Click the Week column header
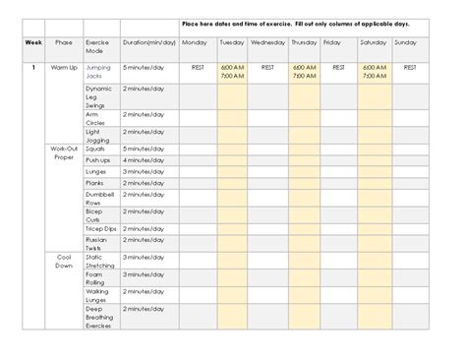click(33, 43)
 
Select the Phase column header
click(64, 43)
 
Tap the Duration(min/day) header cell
click(149, 43)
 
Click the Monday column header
click(194, 43)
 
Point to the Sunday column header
click(405, 43)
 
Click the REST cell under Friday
click(338, 67)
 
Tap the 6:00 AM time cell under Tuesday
click(232, 67)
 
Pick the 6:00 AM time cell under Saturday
click(374, 67)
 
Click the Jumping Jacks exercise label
click(98, 71)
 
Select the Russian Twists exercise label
click(97, 242)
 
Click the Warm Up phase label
click(64, 67)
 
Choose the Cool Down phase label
click(64, 261)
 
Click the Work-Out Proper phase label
click(64, 153)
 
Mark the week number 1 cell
click(33, 67)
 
